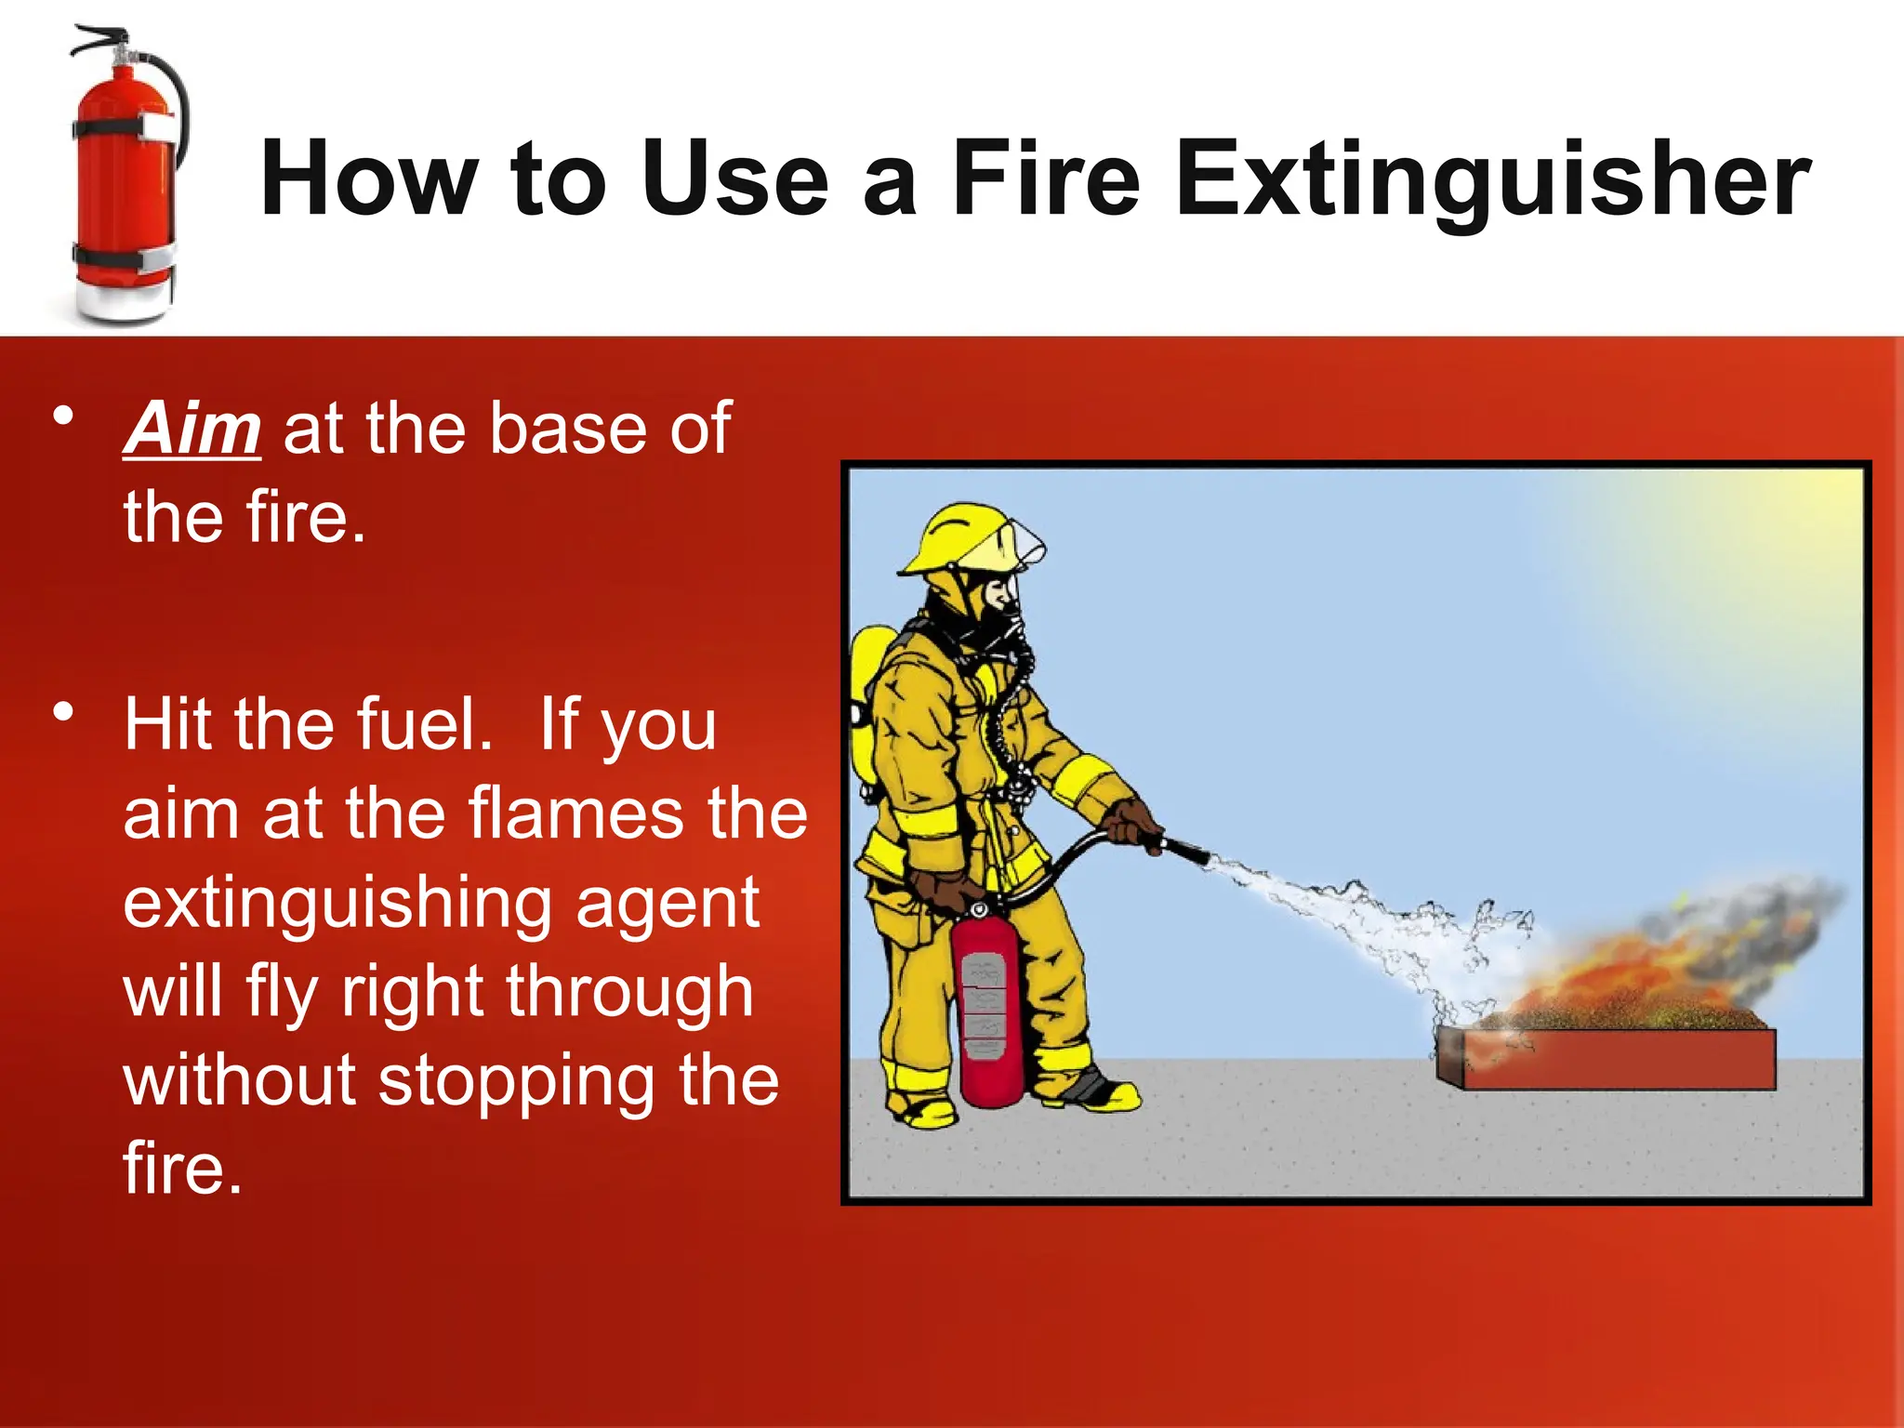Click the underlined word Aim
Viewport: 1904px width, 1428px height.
click(x=192, y=430)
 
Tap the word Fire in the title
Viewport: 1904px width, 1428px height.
click(x=1046, y=178)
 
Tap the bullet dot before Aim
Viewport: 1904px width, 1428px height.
click(x=63, y=416)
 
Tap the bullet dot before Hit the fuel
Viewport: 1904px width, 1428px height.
click(x=63, y=713)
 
